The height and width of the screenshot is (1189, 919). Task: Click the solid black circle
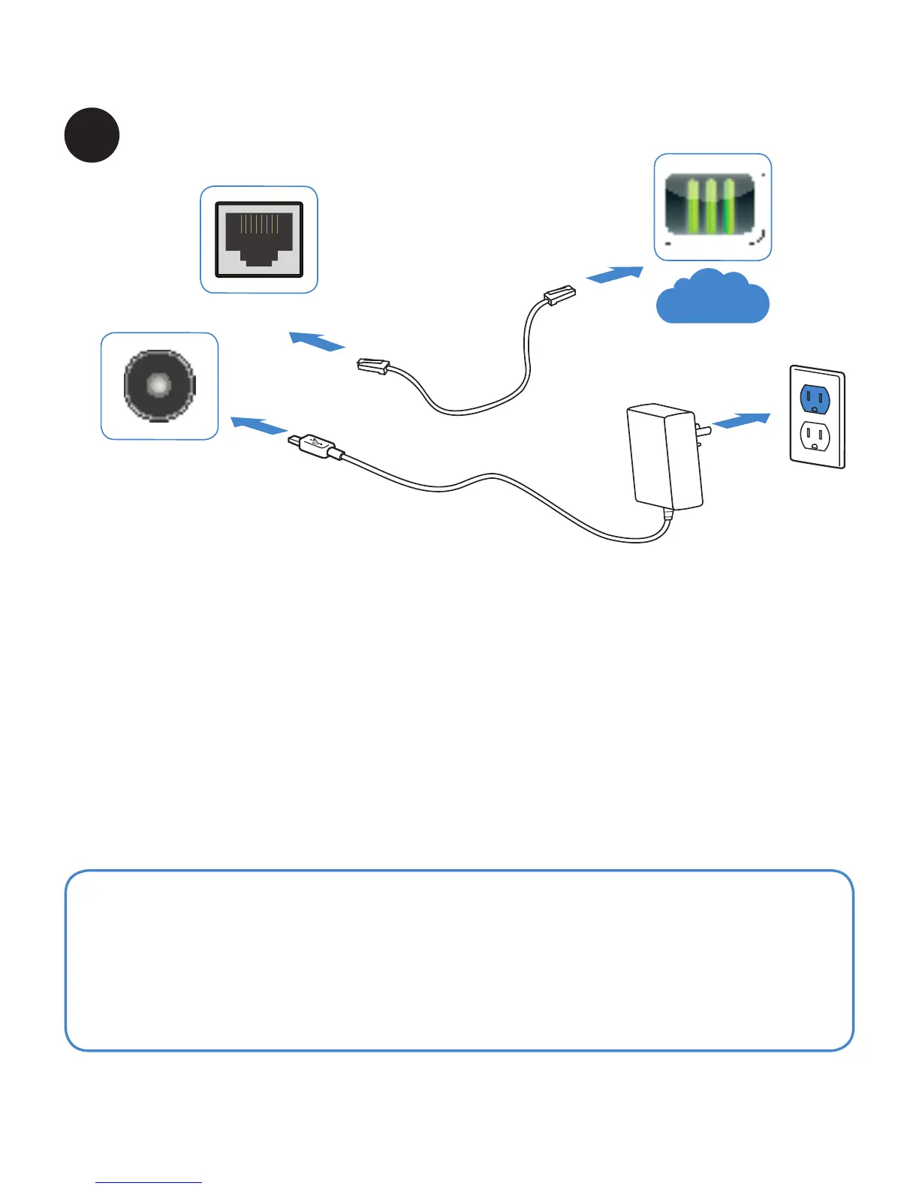(92, 135)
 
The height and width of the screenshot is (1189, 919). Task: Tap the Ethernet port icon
(259, 239)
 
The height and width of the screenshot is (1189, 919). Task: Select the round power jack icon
(159, 386)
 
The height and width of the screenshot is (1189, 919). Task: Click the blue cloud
(712, 298)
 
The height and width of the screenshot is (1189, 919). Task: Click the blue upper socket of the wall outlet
(815, 399)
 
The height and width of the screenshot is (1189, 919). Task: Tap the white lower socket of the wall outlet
(815, 435)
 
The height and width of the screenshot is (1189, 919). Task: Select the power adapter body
(664, 456)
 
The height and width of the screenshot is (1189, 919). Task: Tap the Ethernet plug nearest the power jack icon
(373, 366)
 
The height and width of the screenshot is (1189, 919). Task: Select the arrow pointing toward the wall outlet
(741, 420)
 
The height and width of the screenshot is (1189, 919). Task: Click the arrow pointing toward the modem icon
(614, 275)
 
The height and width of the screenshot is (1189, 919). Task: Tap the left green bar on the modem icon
(692, 206)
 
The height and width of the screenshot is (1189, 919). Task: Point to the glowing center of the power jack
(158, 385)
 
